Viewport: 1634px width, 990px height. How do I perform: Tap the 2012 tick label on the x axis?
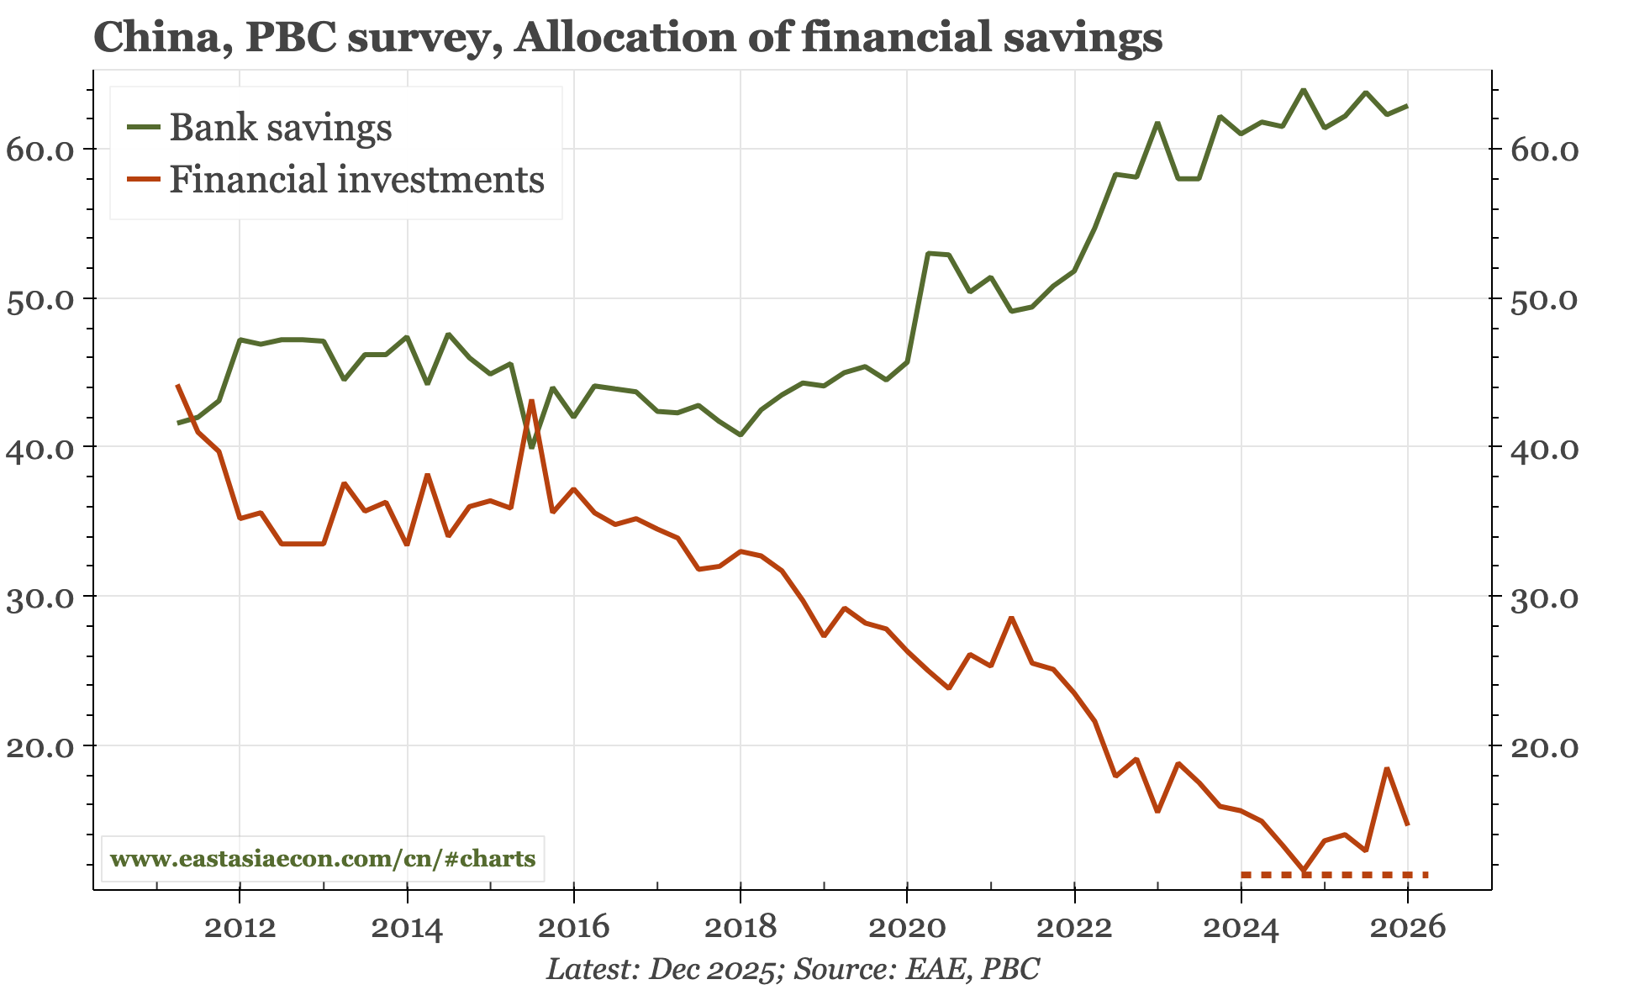coord(240,928)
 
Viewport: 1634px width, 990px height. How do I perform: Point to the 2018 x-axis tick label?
coord(740,928)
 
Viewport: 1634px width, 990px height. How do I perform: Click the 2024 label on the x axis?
coord(1241,928)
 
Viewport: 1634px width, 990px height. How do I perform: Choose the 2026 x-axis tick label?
coord(1407,928)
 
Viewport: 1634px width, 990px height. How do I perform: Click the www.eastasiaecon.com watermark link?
coord(323,859)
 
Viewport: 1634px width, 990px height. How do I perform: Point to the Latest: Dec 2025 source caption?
coord(793,969)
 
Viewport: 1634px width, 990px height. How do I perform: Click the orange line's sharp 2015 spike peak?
coord(531,401)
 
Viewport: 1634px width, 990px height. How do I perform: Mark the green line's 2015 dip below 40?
coord(531,446)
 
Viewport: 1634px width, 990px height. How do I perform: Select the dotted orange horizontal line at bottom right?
coord(1335,875)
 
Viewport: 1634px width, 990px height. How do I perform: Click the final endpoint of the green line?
coord(1407,106)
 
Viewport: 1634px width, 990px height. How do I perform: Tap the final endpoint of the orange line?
coord(1408,824)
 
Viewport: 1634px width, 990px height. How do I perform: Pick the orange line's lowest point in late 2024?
coord(1304,870)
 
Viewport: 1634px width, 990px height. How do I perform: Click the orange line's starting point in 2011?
coord(177,385)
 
